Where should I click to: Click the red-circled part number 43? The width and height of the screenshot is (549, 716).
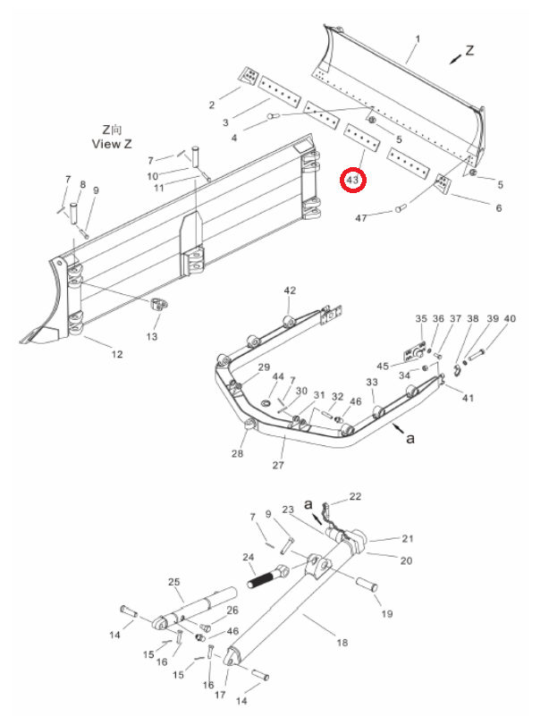(352, 180)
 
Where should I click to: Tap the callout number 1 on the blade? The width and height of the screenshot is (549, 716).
(418, 39)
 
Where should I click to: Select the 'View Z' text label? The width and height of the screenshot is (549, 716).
(112, 144)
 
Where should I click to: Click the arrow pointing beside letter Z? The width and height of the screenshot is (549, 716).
(455, 59)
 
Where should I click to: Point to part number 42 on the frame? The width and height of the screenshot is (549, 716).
(290, 291)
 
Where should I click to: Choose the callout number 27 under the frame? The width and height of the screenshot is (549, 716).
(278, 466)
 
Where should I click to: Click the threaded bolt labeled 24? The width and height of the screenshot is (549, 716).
(267, 577)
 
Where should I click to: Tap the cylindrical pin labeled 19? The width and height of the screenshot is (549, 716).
(367, 585)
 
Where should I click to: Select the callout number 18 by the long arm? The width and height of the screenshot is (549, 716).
(342, 643)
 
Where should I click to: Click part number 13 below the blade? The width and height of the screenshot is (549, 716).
(152, 336)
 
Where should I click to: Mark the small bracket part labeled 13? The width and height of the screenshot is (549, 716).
(157, 304)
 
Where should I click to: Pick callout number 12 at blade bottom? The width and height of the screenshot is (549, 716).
(117, 354)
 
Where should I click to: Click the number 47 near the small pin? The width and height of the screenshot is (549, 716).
(361, 218)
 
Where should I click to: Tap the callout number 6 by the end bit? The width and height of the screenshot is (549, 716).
(499, 208)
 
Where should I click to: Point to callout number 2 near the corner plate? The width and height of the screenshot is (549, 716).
(212, 105)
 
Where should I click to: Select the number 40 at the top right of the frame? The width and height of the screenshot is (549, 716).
(510, 319)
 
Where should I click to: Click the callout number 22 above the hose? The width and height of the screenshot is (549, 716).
(355, 496)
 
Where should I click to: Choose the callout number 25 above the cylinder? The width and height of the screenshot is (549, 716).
(174, 582)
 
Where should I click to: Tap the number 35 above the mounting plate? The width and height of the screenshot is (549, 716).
(421, 319)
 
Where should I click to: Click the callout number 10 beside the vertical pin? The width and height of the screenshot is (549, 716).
(153, 176)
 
